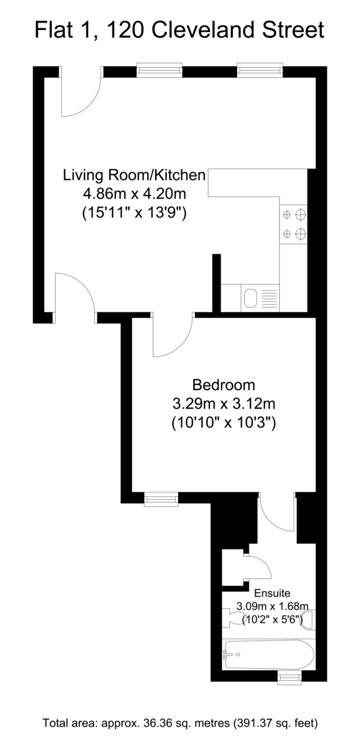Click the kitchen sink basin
[251, 298]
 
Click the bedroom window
[161, 499]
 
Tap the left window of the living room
[159, 69]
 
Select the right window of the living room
[260, 69]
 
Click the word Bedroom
[223, 385]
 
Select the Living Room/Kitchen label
[134, 175]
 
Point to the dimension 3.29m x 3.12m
[224, 404]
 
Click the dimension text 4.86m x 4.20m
[134, 194]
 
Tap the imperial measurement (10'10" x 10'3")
[224, 423]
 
